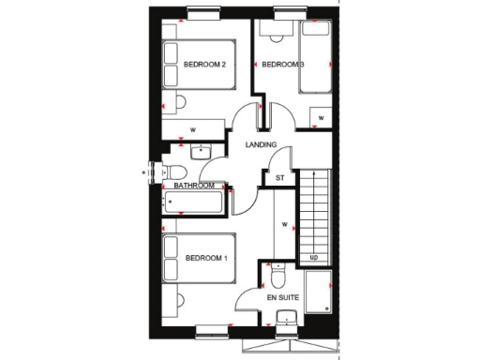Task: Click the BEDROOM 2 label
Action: point(204,65)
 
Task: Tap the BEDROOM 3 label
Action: point(281,65)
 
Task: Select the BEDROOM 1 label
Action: point(206,259)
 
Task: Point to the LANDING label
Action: point(261,145)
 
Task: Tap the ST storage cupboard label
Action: point(278,177)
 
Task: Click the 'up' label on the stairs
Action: point(313,257)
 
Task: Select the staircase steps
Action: point(314,211)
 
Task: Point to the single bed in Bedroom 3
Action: point(314,58)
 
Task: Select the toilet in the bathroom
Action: point(173,172)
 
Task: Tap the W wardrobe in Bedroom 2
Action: point(193,128)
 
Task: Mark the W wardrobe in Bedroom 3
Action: point(320,118)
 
